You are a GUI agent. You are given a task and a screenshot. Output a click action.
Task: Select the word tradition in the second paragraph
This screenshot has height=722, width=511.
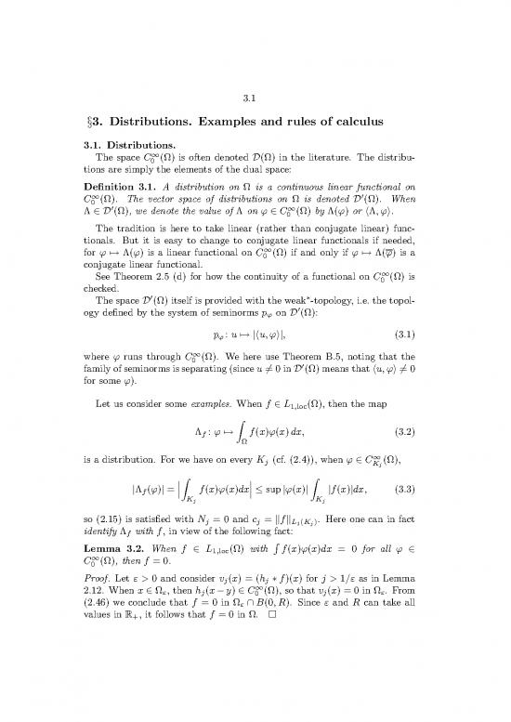143,256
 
